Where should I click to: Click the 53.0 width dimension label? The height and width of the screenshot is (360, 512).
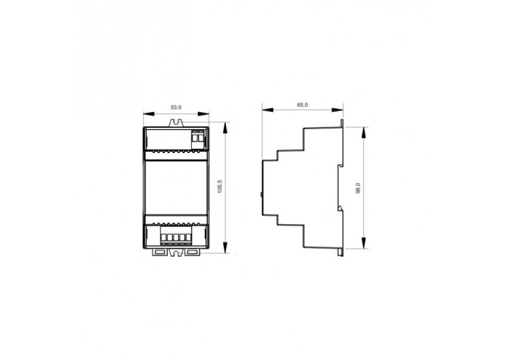tap(175, 107)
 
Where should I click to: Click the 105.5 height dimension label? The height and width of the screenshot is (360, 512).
tap(219, 186)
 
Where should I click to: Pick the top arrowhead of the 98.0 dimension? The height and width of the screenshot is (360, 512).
tap(366, 129)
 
